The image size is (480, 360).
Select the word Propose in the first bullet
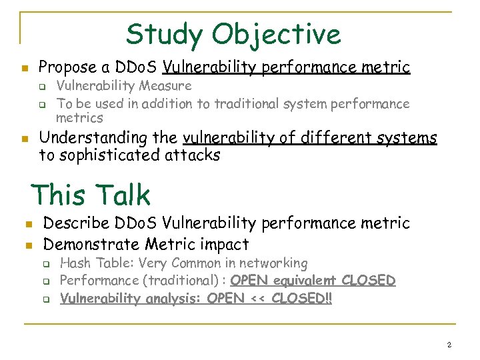coord(65,67)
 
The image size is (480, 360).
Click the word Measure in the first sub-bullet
coord(167,86)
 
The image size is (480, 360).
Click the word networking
coord(273,264)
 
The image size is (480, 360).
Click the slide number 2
coord(449,345)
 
